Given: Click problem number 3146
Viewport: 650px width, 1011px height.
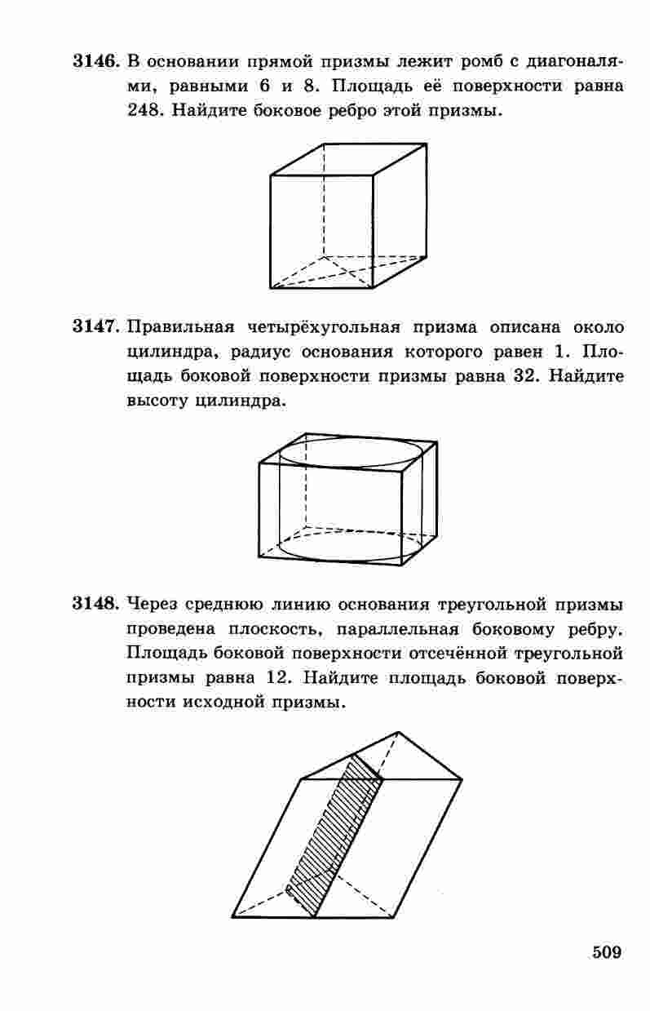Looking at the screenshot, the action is [96, 61].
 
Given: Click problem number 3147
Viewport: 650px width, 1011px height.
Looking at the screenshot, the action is [96, 326].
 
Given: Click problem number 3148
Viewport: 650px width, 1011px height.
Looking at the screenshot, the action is [96, 604].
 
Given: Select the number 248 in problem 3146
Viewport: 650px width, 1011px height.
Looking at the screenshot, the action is [144, 110].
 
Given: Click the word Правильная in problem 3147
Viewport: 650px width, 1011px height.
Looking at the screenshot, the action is [180, 326].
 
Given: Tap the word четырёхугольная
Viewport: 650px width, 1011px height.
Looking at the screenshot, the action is [324, 327].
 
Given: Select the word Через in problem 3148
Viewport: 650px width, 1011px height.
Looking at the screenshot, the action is [152, 605].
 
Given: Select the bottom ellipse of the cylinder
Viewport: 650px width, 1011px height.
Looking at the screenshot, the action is [352, 561].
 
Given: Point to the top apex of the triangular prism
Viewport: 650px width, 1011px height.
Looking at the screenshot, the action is [398, 732].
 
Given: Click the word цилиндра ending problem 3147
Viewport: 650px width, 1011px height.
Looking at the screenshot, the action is [241, 401].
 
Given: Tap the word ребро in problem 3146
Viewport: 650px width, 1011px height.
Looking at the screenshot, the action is [353, 111].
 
